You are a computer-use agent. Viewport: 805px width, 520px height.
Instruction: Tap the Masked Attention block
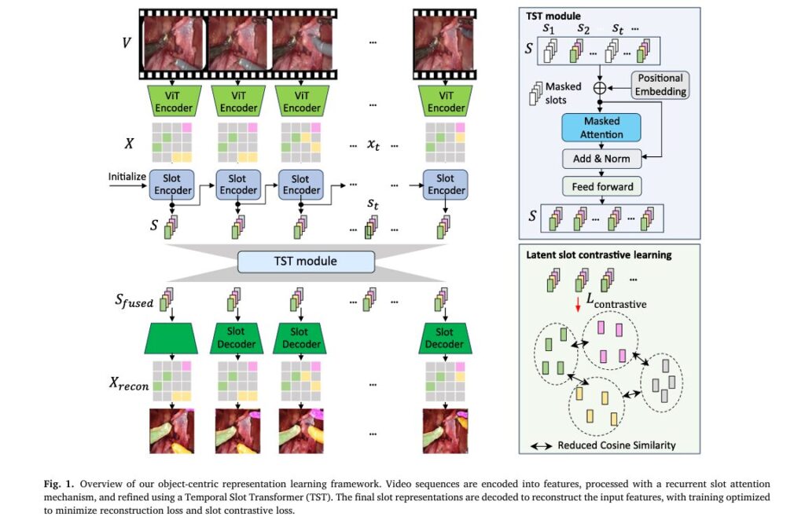(601, 128)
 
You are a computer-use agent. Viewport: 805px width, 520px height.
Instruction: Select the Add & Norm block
(601, 158)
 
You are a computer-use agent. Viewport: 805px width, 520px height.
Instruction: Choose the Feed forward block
(601, 187)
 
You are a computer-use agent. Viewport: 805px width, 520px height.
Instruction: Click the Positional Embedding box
(660, 85)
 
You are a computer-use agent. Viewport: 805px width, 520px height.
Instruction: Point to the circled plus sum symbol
(601, 86)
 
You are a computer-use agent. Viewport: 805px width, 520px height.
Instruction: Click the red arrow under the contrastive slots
(579, 303)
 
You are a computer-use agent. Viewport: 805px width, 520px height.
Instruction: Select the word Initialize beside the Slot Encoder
(127, 176)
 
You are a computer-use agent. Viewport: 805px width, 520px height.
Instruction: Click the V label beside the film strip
(126, 42)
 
